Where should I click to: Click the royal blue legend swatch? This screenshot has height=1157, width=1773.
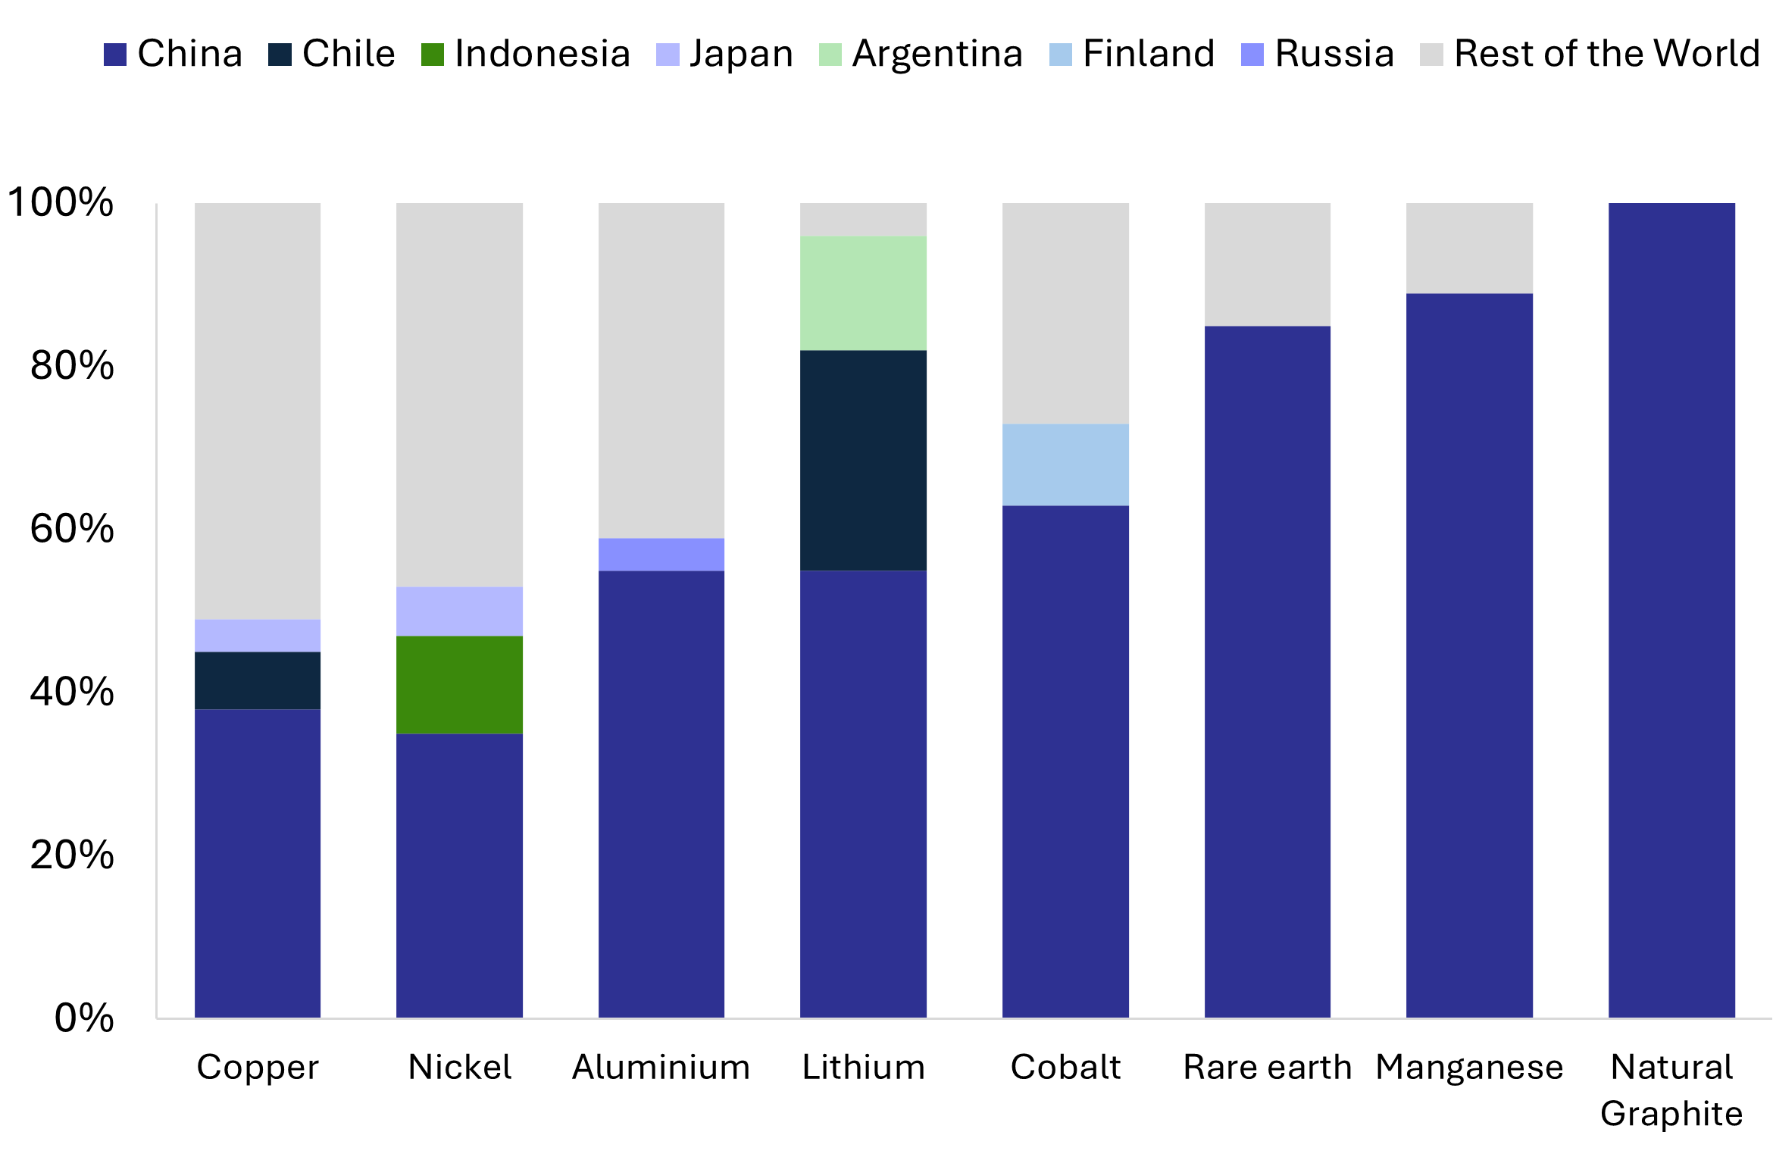(x=115, y=55)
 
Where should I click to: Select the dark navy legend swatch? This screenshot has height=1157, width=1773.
(x=280, y=55)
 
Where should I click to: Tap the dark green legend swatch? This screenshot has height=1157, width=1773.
(x=433, y=55)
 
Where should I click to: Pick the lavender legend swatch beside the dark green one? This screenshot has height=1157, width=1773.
(x=668, y=55)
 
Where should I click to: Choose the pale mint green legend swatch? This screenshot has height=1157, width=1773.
(x=830, y=55)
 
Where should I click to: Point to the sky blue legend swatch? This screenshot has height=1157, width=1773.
(x=1061, y=55)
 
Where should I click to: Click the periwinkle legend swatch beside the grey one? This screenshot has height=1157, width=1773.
(x=1252, y=55)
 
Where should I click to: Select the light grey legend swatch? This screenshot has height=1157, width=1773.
(x=1431, y=55)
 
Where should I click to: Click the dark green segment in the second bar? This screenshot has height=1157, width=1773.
(x=459, y=684)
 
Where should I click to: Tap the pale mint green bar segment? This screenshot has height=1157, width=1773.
(x=863, y=292)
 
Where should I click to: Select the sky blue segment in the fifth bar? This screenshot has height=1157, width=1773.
(x=1065, y=464)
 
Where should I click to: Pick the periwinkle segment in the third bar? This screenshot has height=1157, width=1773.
(x=661, y=554)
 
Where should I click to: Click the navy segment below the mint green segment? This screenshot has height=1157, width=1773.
(x=863, y=460)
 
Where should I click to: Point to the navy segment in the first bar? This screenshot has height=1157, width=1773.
(x=258, y=680)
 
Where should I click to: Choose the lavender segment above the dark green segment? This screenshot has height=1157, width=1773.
(x=459, y=611)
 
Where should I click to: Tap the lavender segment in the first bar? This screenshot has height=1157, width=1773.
(x=258, y=635)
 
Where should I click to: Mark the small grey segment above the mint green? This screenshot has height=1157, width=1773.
(x=863, y=219)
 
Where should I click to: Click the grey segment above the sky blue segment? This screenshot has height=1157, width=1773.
(x=1065, y=313)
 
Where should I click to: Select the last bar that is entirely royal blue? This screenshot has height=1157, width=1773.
(x=1671, y=610)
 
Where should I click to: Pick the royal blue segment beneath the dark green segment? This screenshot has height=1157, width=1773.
(x=459, y=875)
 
